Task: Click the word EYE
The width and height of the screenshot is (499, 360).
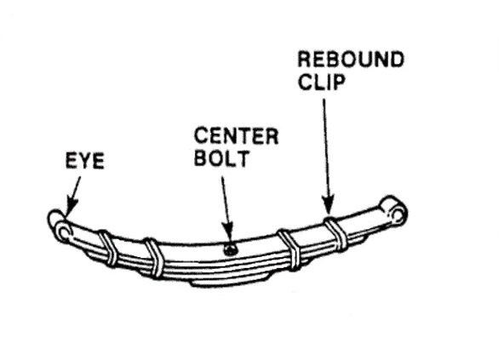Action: (x=85, y=161)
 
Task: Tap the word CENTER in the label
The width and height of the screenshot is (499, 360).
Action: (x=236, y=136)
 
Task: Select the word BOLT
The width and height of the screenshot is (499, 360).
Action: (x=221, y=158)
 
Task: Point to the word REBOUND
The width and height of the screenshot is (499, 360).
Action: (x=351, y=60)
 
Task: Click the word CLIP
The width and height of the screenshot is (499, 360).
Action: (x=321, y=82)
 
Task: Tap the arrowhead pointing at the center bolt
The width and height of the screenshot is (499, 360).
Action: (x=228, y=231)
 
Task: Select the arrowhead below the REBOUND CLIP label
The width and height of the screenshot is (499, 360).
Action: (x=328, y=205)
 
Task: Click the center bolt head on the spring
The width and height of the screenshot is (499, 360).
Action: (x=231, y=249)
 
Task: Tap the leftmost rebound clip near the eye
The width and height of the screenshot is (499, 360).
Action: (x=108, y=248)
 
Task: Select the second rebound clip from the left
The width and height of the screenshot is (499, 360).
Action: (x=153, y=258)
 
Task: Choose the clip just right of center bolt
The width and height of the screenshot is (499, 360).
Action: (x=290, y=250)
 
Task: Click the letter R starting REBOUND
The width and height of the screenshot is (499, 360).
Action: (x=305, y=60)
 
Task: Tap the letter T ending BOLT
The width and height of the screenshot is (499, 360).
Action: (x=242, y=158)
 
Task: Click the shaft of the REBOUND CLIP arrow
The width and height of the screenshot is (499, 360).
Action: (x=325, y=147)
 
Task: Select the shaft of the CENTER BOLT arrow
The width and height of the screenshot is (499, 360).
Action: (x=225, y=199)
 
